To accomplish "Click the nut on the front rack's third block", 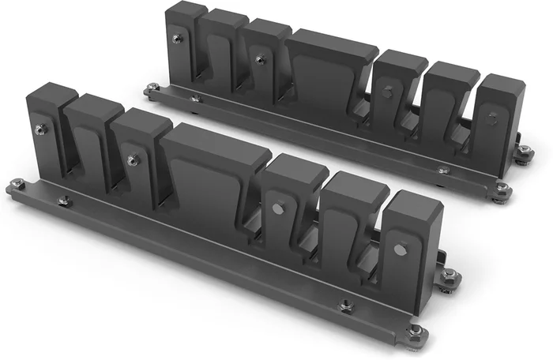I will pyautogui.click(x=134, y=160).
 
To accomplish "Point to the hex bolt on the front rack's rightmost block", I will pyautogui.click(x=400, y=249).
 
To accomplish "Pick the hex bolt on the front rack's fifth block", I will pyautogui.click(x=278, y=208).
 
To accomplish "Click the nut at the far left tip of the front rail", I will pyautogui.click(x=17, y=184).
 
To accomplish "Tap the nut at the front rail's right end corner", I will pyautogui.click(x=416, y=329).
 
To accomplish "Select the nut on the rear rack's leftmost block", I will pyautogui.click(x=179, y=38).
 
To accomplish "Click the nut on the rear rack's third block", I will pyautogui.click(x=260, y=59).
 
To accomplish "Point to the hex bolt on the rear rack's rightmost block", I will pyautogui.click(x=493, y=118).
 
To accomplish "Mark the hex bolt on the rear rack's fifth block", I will pyautogui.click(x=388, y=92).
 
